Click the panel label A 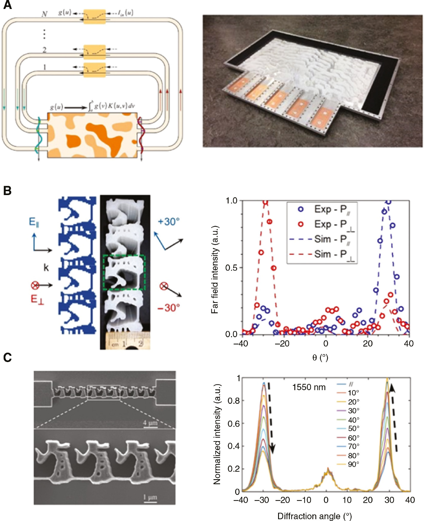[x=7, y=5]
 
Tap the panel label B [x=7, y=191]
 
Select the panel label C [x=7, y=357]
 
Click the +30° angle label [x=169, y=222]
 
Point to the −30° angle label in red [x=169, y=307]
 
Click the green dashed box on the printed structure [x=124, y=272]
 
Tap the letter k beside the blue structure [x=46, y=267]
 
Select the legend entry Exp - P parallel [x=326, y=209]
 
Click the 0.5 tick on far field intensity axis [x=231, y=268]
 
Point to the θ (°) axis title [x=320, y=357]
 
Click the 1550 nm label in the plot [x=309, y=387]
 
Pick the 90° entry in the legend [x=353, y=464]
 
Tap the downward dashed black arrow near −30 [x=271, y=418]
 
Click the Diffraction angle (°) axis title [x=314, y=516]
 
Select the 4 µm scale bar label [x=150, y=423]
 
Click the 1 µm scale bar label [x=150, y=497]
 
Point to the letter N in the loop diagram [x=44, y=14]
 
